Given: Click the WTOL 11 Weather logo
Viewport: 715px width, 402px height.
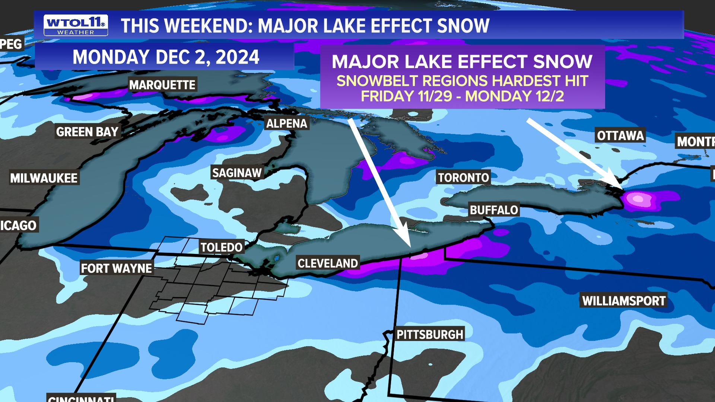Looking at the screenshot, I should tap(76, 25).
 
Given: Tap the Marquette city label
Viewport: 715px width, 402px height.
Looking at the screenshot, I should tap(162, 85).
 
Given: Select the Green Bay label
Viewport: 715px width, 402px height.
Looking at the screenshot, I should tap(87, 132).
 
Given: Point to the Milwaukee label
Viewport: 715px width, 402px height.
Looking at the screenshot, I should tap(44, 178).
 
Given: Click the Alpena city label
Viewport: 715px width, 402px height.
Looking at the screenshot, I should tap(287, 124).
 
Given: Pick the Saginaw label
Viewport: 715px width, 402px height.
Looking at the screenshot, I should tap(237, 173).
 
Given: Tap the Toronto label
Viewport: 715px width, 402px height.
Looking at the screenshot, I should tap(463, 178).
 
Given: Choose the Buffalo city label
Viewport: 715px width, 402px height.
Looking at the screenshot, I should tap(494, 210).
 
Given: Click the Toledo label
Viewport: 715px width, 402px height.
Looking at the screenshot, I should tap(222, 247).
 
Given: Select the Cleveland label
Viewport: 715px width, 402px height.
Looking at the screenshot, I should tap(328, 263).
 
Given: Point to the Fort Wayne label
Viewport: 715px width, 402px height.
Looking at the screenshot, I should tap(117, 268).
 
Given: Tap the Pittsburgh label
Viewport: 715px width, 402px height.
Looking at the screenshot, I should tap(430, 334).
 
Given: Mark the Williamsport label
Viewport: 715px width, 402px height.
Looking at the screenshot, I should tap(624, 301).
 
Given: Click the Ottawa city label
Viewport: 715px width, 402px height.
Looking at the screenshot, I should tap(620, 135).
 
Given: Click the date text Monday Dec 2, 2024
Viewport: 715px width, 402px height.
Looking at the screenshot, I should tap(166, 57).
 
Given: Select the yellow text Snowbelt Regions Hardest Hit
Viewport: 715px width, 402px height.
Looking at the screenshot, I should tap(462, 81).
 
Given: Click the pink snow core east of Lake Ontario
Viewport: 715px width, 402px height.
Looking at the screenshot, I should tap(639, 199).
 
